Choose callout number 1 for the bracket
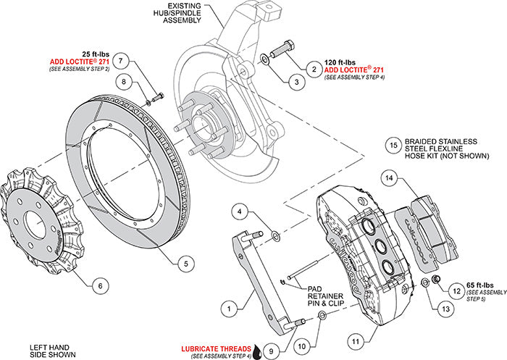tap(228, 308)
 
